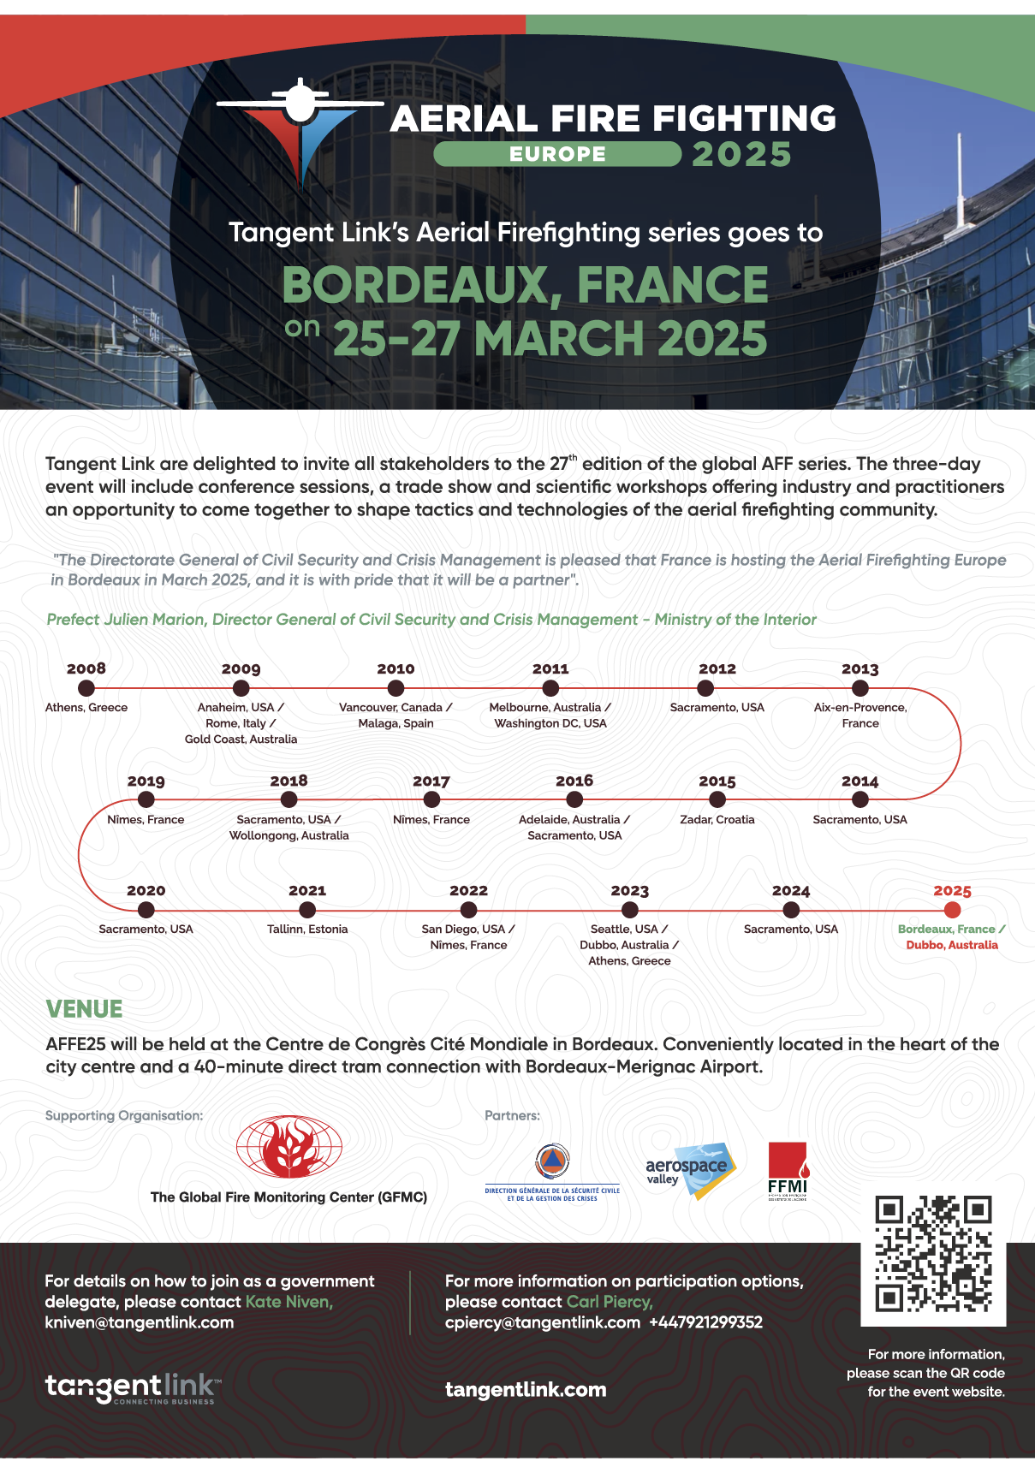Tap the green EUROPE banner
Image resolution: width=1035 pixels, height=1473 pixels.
coord(557,154)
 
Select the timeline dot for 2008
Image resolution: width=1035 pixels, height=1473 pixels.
coord(86,687)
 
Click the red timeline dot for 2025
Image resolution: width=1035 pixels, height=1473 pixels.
coord(952,910)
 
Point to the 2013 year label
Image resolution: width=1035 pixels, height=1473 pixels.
coord(860,668)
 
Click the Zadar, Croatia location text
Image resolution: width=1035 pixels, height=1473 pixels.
coord(717,819)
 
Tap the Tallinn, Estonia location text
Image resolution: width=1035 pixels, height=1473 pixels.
coord(307,929)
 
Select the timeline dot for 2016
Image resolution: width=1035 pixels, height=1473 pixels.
coord(574,799)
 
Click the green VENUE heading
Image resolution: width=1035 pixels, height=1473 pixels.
coord(84,1009)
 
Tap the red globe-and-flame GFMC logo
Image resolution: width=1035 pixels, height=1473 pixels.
coord(288,1148)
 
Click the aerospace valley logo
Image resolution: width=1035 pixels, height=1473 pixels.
coord(690,1169)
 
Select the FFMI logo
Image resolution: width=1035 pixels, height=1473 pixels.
coord(788,1171)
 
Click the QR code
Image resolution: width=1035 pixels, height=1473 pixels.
coord(933,1253)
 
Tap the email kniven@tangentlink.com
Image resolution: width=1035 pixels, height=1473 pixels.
coord(140,1322)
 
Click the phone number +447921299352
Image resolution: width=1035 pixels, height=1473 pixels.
coord(705,1322)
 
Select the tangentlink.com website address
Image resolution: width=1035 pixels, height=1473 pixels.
coord(526,1390)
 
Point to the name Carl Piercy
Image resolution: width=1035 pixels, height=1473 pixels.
coord(609,1302)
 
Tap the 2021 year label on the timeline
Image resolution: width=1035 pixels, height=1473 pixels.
coord(307,891)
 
